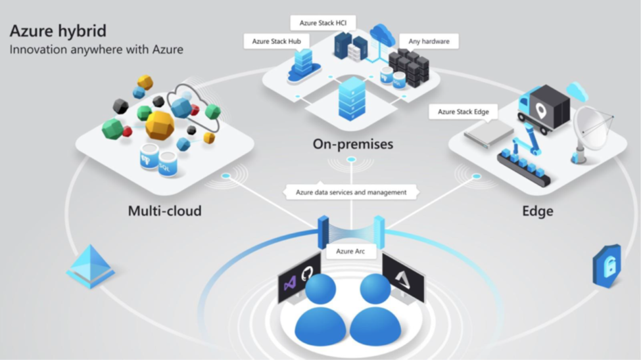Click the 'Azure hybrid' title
click(x=58, y=31)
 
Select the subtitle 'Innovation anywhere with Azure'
click(x=96, y=49)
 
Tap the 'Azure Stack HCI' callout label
click(x=323, y=23)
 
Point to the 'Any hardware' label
click(x=428, y=41)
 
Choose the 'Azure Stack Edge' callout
click(x=463, y=112)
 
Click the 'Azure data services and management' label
click(x=351, y=192)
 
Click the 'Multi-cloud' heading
click(x=164, y=212)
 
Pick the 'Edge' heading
click(x=537, y=212)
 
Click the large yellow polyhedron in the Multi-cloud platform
click(x=160, y=125)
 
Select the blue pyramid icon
click(x=91, y=266)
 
